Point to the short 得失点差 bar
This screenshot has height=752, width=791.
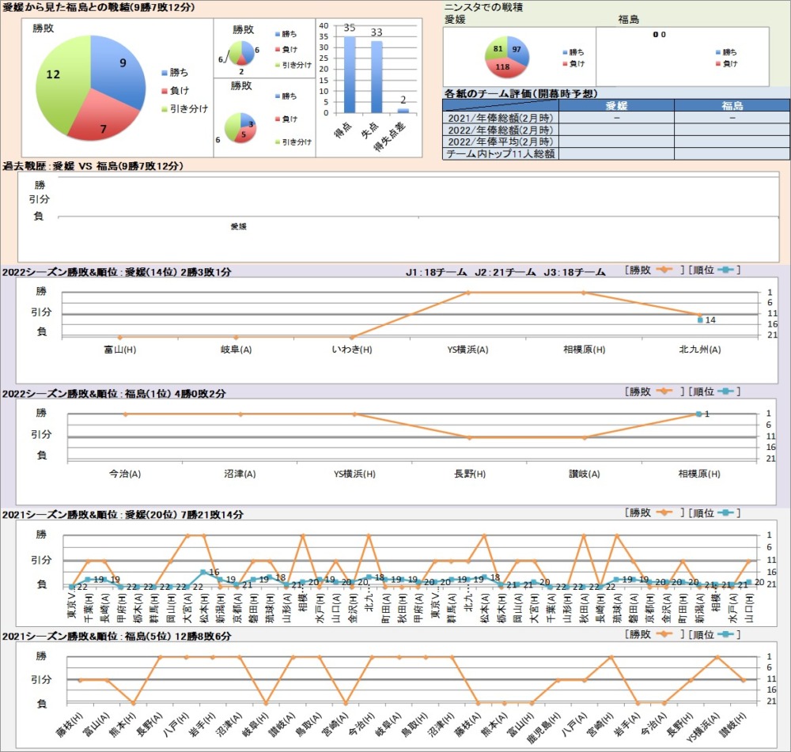[x=403, y=111]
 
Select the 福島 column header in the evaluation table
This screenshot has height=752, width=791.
[x=732, y=105]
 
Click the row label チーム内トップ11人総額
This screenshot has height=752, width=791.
[x=500, y=154]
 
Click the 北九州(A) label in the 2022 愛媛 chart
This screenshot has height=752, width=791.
[x=699, y=349]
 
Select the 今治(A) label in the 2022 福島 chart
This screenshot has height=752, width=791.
[x=125, y=474]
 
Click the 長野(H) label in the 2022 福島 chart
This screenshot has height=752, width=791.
[x=469, y=474]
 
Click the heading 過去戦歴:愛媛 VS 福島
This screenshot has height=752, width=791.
[x=93, y=166]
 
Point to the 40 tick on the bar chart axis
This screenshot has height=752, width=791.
[x=323, y=25]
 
